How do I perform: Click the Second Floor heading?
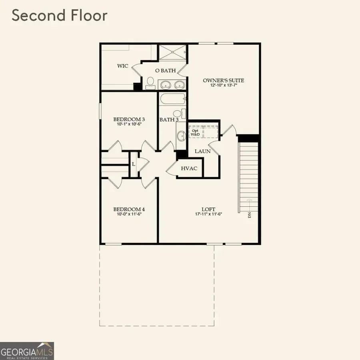(x=60, y=16)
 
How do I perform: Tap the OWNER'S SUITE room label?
(x=223, y=80)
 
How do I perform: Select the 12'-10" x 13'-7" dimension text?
(x=223, y=86)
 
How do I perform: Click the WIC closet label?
(x=123, y=66)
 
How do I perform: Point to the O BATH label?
(x=166, y=71)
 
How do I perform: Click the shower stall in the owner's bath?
(x=173, y=52)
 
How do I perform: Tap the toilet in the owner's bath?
(x=150, y=83)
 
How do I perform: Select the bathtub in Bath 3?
(x=172, y=99)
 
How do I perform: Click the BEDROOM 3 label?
(x=129, y=119)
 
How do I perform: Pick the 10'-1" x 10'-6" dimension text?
(x=129, y=124)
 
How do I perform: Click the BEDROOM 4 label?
(x=129, y=209)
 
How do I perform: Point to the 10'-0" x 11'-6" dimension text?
(x=129, y=214)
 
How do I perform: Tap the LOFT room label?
(x=208, y=209)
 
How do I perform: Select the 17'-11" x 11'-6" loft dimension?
(x=208, y=214)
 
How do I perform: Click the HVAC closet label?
(x=189, y=168)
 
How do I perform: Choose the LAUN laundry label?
(x=202, y=151)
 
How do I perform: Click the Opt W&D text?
(x=195, y=133)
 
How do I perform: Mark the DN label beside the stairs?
(x=250, y=215)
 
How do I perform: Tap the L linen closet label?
(x=134, y=164)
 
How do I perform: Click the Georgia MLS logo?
(x=27, y=351)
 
